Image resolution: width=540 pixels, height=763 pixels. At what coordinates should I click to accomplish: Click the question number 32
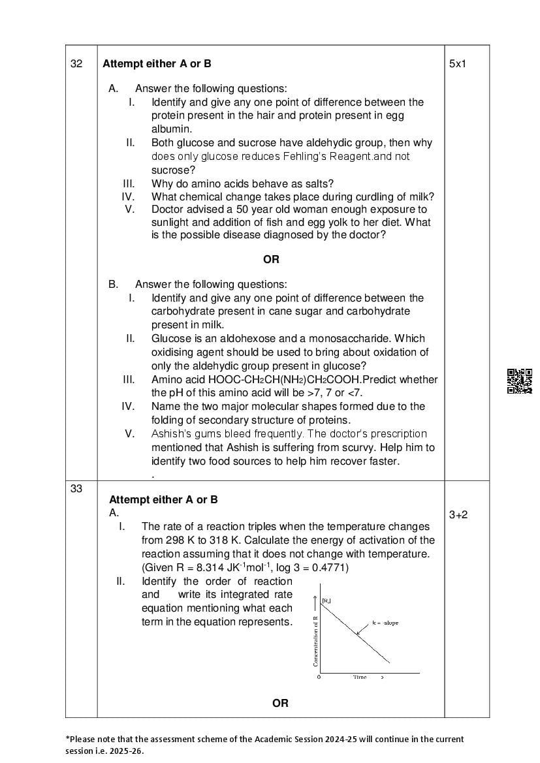click(76, 64)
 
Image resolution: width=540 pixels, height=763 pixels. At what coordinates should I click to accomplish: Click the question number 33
click(76, 488)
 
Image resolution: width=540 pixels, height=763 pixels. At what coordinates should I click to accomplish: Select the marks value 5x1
click(458, 64)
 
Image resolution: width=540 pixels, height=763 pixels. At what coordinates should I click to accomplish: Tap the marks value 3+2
click(458, 515)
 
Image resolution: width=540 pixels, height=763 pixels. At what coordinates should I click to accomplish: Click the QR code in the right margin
click(520, 381)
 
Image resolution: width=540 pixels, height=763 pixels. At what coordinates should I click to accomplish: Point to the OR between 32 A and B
click(271, 259)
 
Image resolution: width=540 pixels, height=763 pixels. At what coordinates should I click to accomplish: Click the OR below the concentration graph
click(280, 703)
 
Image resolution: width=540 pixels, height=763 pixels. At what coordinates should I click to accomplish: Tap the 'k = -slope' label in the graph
click(385, 623)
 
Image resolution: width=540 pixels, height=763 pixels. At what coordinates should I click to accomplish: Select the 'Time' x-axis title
click(360, 677)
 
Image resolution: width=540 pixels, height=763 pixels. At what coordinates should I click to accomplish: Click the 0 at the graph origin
click(319, 677)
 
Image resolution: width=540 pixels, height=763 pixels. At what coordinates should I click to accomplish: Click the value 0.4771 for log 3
click(329, 567)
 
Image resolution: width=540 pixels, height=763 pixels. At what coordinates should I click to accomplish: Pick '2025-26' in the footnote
click(125, 751)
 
